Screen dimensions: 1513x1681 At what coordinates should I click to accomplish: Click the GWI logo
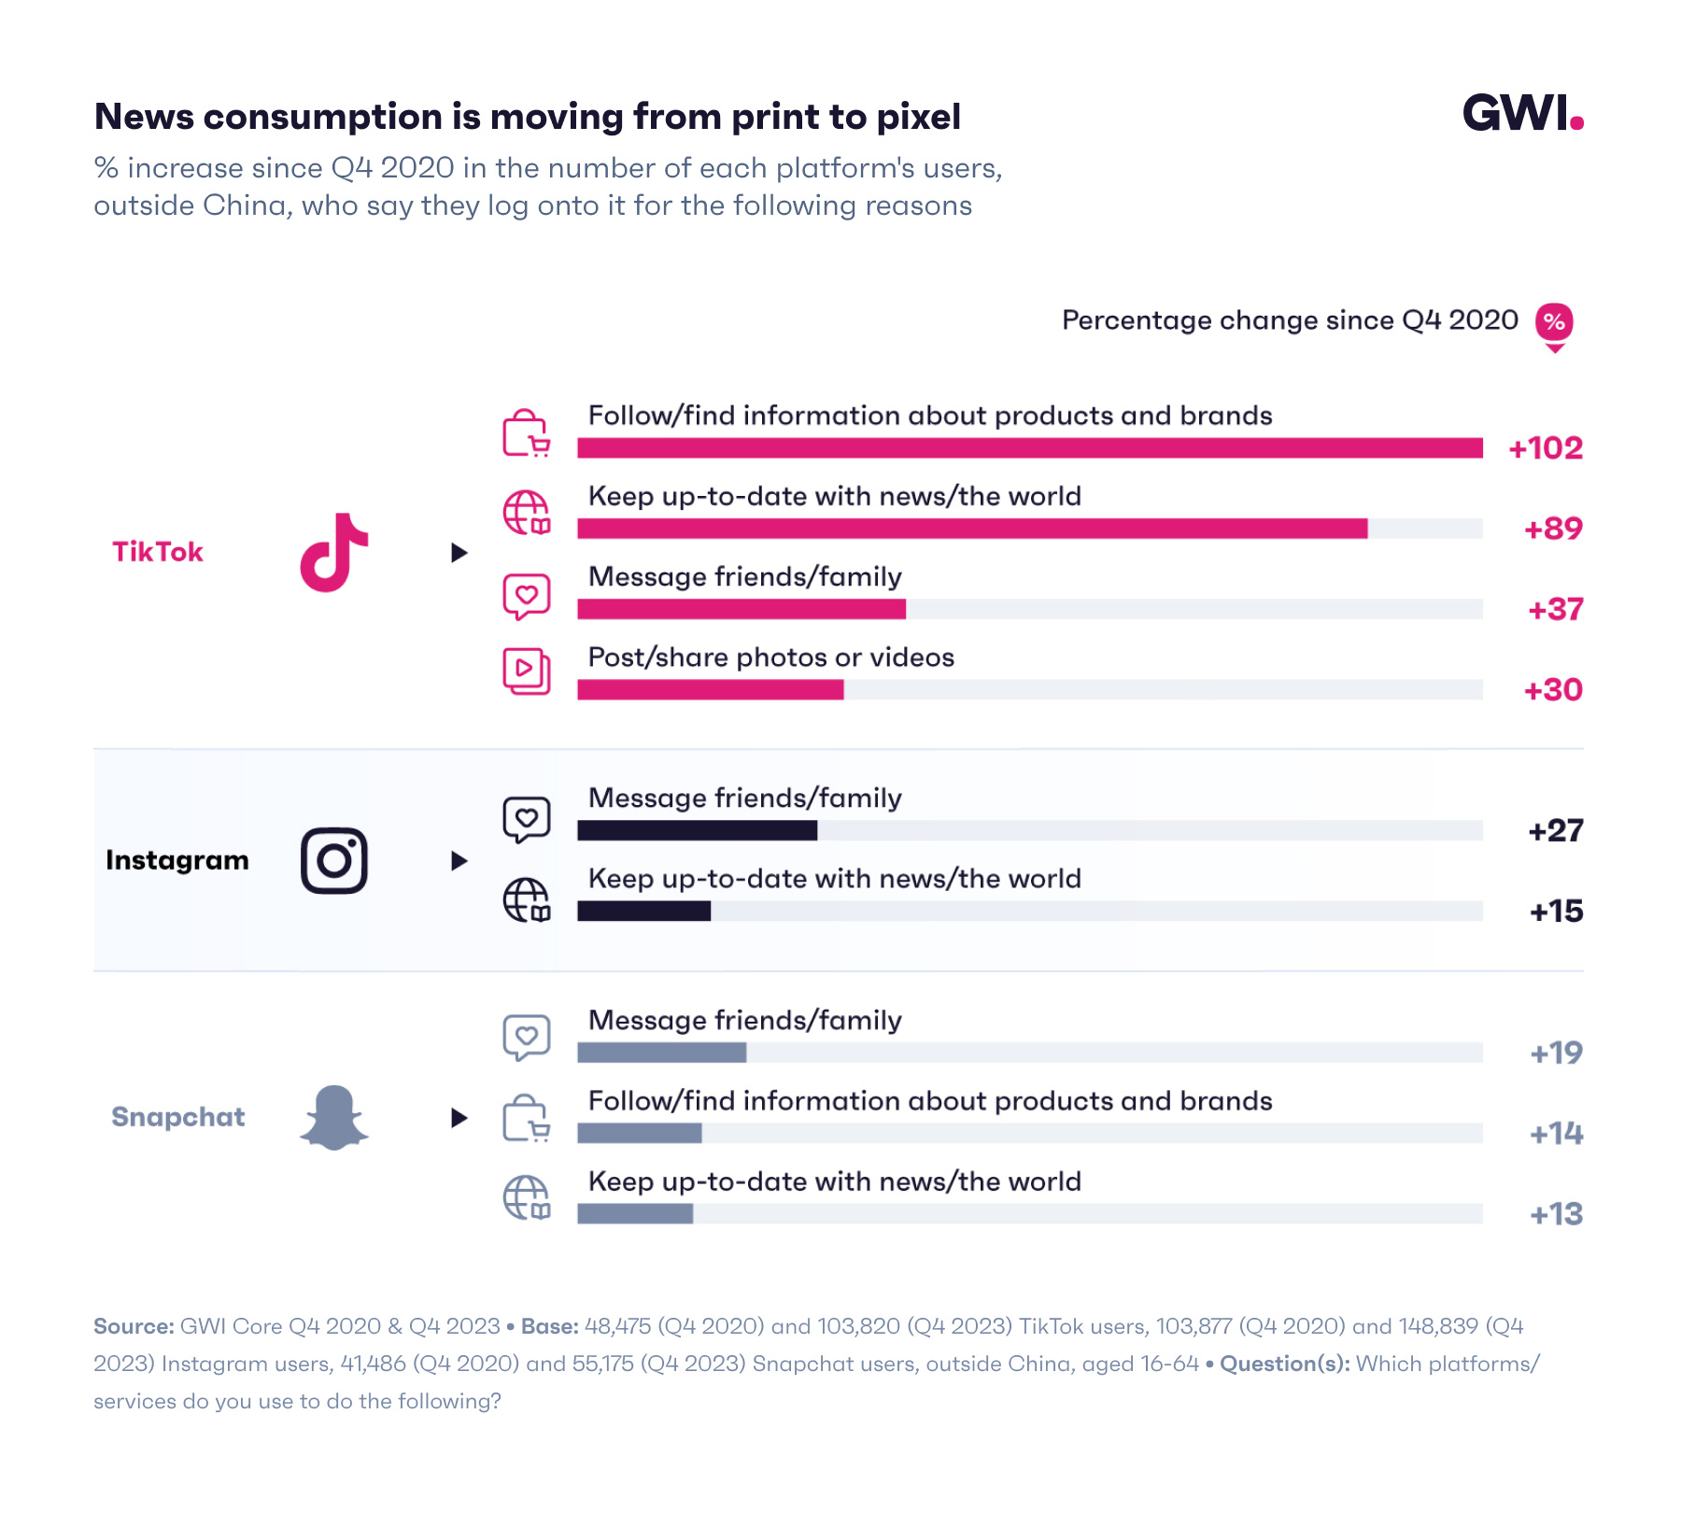click(x=1521, y=113)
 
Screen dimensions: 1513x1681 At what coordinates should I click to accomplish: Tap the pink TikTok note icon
click(x=334, y=552)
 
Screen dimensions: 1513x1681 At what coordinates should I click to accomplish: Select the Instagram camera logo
click(x=334, y=860)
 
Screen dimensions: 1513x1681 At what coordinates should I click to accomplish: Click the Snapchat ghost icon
click(x=334, y=1117)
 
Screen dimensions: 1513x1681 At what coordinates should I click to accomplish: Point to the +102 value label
click(x=1546, y=448)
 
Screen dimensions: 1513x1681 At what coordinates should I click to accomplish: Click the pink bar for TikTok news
click(x=971, y=529)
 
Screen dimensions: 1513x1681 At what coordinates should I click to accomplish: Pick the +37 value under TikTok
click(x=1555, y=610)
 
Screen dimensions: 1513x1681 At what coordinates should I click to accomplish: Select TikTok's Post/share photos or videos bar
click(x=710, y=690)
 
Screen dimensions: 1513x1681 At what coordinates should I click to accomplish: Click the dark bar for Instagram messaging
click(x=697, y=830)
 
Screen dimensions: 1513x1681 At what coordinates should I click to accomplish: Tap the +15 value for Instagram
click(x=1556, y=912)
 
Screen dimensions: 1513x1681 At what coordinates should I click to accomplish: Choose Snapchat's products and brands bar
click(x=640, y=1133)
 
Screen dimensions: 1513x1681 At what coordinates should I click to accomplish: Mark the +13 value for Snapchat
click(x=1556, y=1214)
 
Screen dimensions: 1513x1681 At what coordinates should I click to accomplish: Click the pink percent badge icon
click(x=1554, y=323)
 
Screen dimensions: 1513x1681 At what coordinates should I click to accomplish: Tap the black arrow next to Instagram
click(x=459, y=860)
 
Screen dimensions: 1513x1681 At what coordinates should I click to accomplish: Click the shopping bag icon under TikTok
click(x=526, y=433)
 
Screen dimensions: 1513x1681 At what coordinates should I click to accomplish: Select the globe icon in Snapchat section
click(x=526, y=1197)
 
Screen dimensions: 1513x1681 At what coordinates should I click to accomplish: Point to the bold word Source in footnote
click(x=133, y=1326)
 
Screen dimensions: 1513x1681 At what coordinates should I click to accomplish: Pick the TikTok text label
click(x=158, y=552)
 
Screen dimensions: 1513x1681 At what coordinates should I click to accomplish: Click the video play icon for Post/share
click(x=526, y=671)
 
